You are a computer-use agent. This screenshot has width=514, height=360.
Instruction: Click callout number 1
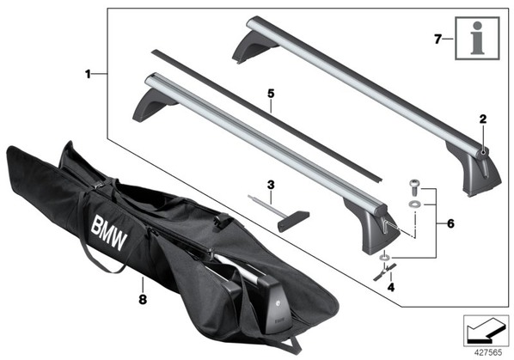88,74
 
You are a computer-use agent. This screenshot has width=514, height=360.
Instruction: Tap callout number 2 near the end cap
483,119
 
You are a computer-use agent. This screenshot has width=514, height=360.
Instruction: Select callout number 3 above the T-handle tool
271,185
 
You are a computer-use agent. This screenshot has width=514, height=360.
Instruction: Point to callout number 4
391,287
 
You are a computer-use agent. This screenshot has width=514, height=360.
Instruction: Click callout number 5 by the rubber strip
271,94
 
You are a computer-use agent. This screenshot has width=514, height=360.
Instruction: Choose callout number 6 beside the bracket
450,223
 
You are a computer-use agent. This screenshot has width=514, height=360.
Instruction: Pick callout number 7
438,40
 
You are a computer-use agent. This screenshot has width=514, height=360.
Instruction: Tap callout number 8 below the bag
143,299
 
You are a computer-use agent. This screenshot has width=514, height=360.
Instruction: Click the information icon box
477,39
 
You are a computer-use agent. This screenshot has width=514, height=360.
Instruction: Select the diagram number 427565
488,353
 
